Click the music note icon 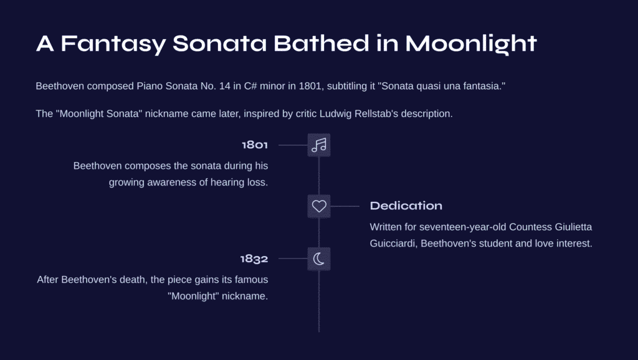319,145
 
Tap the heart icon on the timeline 319,206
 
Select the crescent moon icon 319,258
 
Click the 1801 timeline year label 255,145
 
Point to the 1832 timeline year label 254,258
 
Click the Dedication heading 406,206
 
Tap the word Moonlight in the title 471,44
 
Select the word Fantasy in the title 113,44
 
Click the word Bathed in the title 321,43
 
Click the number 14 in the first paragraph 224,86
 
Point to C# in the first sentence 250,86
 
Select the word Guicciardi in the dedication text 394,244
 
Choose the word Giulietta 573,227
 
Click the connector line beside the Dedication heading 345,206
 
